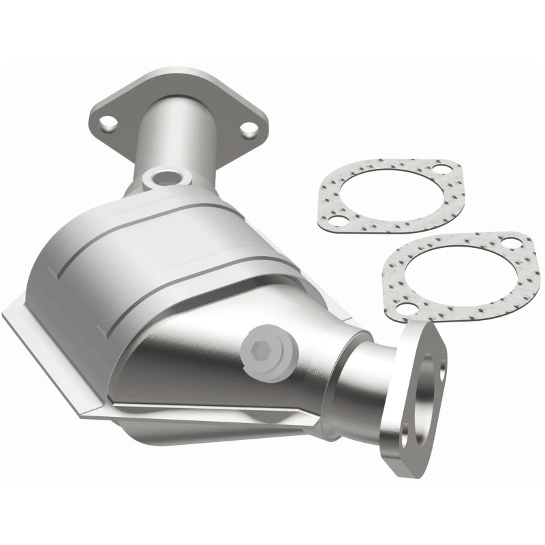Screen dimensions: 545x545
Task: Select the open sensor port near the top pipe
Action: click(x=163, y=179)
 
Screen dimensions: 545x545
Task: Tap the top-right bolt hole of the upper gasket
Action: click(x=443, y=170)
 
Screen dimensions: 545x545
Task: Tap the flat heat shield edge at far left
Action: click(x=27, y=320)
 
